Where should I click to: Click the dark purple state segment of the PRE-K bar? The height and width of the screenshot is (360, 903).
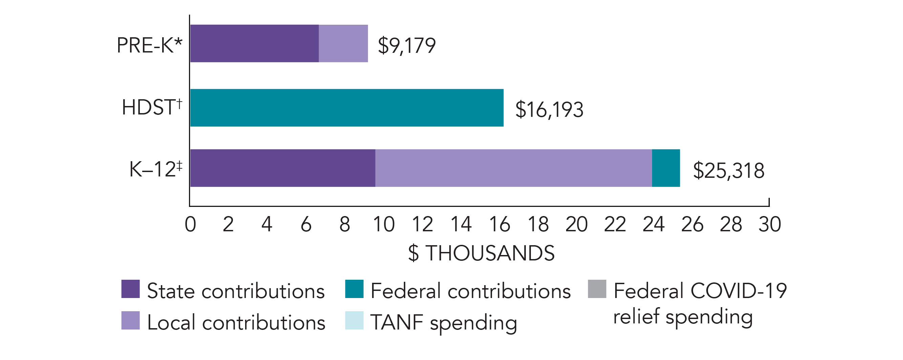pyautogui.click(x=254, y=43)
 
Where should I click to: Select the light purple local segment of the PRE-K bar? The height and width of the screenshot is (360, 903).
pyautogui.click(x=343, y=43)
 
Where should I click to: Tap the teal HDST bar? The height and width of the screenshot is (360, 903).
pyautogui.click(x=347, y=108)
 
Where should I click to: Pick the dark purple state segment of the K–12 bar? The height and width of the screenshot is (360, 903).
pyautogui.click(x=282, y=168)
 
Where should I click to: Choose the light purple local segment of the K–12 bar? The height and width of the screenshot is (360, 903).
pyautogui.click(x=514, y=168)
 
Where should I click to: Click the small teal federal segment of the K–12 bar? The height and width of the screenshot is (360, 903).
pyautogui.click(x=666, y=168)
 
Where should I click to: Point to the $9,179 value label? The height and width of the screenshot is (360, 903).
pyautogui.click(x=407, y=46)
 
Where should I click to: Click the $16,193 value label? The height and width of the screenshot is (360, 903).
pyautogui.click(x=549, y=109)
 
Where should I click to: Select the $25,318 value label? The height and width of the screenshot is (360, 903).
pyautogui.click(x=728, y=171)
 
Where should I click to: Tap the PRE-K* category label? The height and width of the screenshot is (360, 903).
pyautogui.click(x=150, y=45)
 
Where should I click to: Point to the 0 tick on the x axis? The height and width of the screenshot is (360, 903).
pyautogui.click(x=190, y=224)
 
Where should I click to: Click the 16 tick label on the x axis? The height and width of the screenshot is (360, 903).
pyautogui.click(x=499, y=224)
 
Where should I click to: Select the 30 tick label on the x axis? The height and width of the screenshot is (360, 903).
pyautogui.click(x=770, y=224)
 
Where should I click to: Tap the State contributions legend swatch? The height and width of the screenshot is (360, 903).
pyautogui.click(x=130, y=289)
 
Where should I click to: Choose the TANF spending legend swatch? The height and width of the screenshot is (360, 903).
pyautogui.click(x=354, y=320)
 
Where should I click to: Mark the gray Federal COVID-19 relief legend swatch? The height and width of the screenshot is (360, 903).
pyautogui.click(x=597, y=289)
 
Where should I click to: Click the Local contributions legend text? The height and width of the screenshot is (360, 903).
pyautogui.click(x=236, y=322)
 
